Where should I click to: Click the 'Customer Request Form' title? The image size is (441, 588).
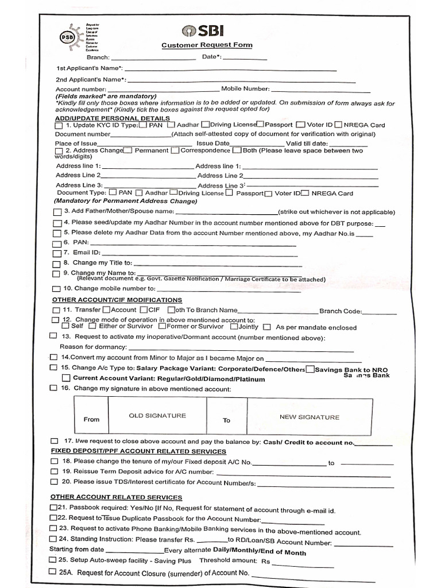[x=206, y=45]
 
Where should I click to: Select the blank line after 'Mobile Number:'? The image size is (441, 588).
[x=320, y=90]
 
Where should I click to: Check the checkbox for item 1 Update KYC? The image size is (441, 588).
[x=59, y=125]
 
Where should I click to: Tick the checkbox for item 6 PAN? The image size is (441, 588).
[x=56, y=243]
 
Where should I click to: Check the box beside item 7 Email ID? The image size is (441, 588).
[x=56, y=253]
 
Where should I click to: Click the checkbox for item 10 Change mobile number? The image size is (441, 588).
[x=56, y=289]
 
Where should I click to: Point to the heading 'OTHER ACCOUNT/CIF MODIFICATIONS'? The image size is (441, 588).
[x=117, y=300]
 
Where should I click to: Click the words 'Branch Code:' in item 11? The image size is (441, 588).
[x=341, y=311]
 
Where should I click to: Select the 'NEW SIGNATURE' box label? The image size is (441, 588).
[x=309, y=417]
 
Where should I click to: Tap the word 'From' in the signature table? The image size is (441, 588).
[x=91, y=419]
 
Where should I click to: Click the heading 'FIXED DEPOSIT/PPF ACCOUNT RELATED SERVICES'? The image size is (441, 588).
[x=138, y=451]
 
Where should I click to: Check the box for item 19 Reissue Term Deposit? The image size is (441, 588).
[x=54, y=471]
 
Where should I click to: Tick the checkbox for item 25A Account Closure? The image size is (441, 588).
[x=53, y=572]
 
